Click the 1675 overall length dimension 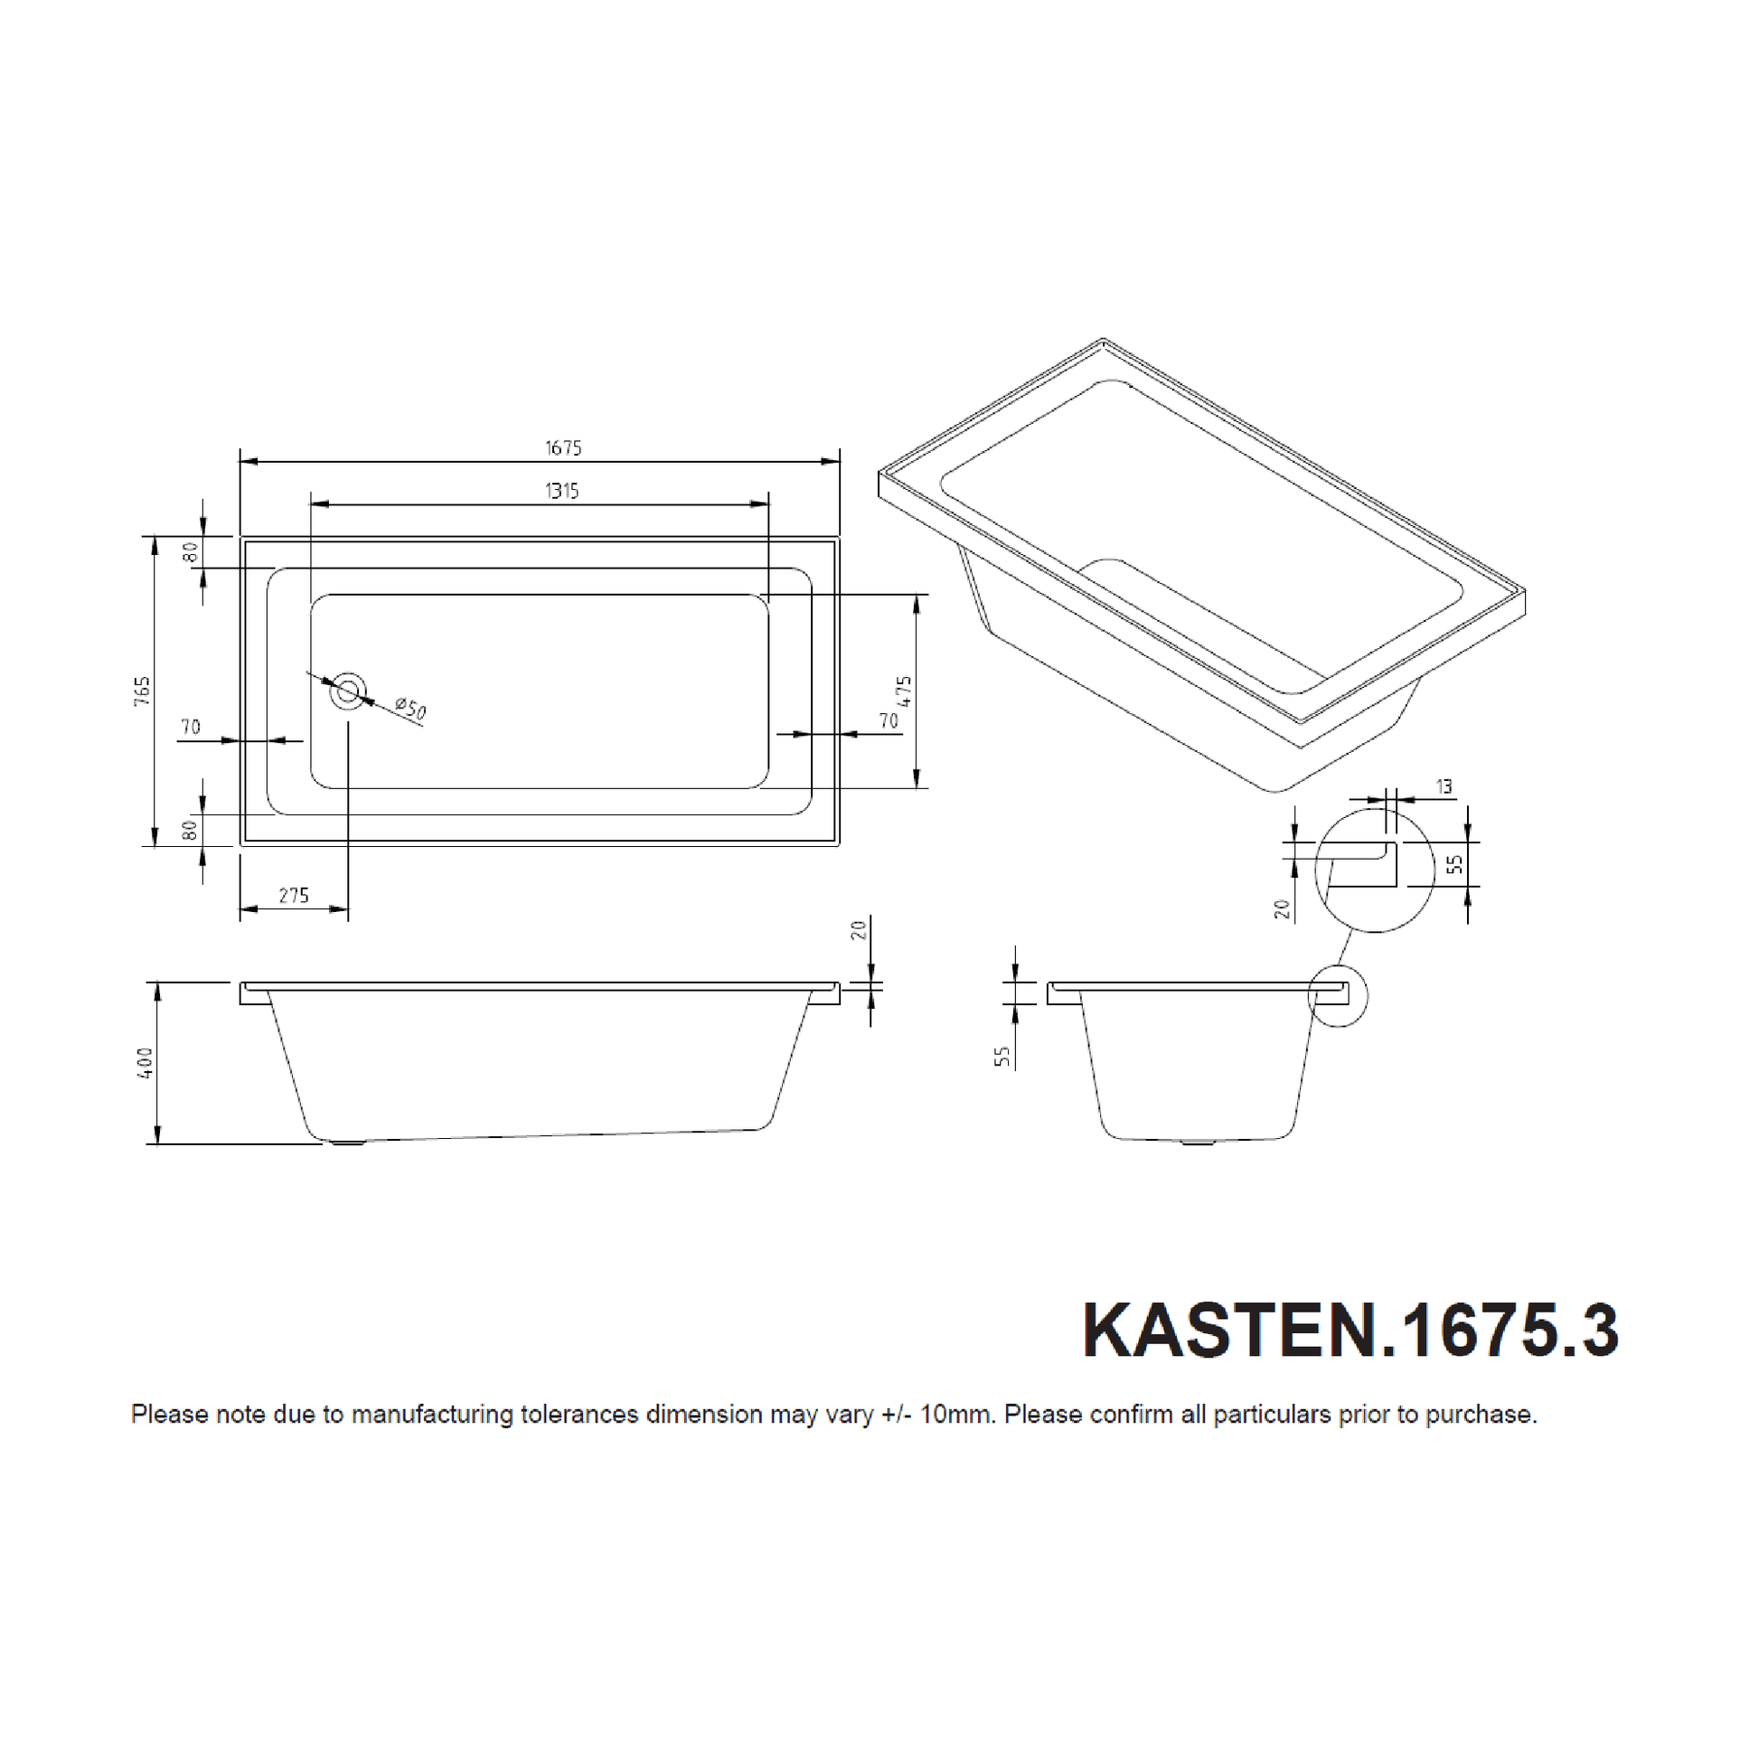click(562, 448)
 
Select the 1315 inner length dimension click(561, 491)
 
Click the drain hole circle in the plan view click(348, 692)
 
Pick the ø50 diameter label click(410, 709)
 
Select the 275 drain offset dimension click(293, 895)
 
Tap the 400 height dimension click(145, 1062)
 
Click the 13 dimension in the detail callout click(1444, 786)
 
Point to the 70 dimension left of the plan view click(191, 727)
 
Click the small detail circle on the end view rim click(1338, 995)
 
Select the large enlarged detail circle click(1374, 870)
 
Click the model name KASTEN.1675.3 click(1350, 1331)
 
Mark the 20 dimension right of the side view click(860, 929)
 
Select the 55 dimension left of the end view click(1002, 1056)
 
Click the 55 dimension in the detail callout click(1455, 863)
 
